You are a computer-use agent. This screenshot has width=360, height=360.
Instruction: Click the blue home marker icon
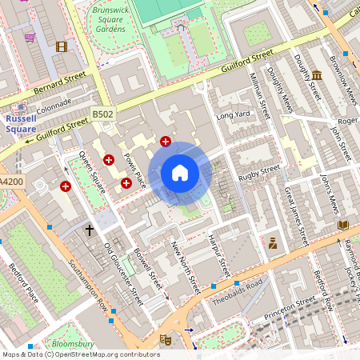pos(180,173)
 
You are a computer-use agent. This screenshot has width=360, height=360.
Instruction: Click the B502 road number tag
pos(102,114)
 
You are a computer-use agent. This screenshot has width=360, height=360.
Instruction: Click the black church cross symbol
pos(90,230)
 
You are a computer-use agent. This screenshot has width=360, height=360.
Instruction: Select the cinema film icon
pos(62,46)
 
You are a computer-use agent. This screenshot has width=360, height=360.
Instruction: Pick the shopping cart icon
pos(30,37)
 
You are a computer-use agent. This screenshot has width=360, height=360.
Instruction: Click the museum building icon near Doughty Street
pos(317,76)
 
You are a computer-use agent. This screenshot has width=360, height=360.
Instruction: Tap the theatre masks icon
pos(166,339)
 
